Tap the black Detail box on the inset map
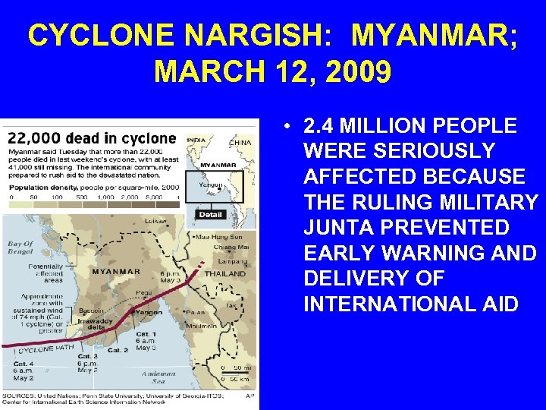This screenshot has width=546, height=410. pyautogui.click(x=209, y=215)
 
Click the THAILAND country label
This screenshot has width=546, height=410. pyautogui.click(x=225, y=273)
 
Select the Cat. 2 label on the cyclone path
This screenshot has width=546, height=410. pyautogui.click(x=117, y=350)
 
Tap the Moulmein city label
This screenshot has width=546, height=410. pyautogui.click(x=201, y=326)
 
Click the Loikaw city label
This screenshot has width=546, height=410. pyautogui.click(x=176, y=221)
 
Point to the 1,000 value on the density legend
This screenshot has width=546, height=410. pyautogui.click(x=105, y=197)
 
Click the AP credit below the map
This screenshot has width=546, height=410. pyautogui.click(x=249, y=395)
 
